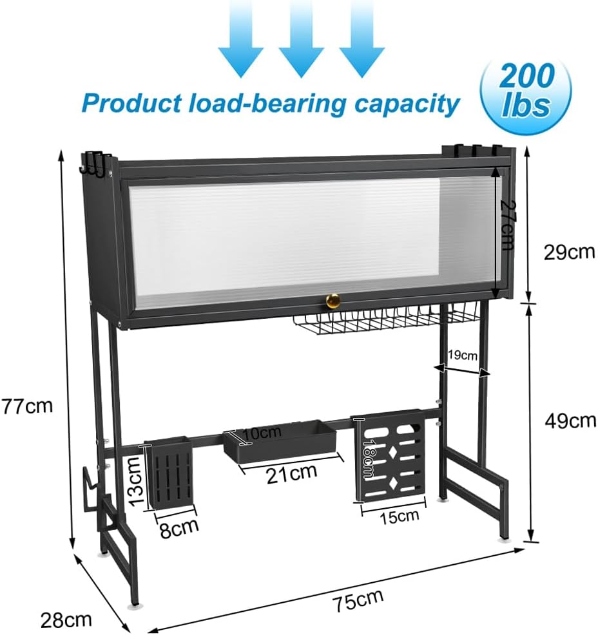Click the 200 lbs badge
526,93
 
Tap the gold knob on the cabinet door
333,300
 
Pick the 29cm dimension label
569,252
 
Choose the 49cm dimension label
569,421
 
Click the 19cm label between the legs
463,355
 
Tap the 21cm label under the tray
292,472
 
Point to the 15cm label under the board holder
400,515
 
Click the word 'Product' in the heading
128,103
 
